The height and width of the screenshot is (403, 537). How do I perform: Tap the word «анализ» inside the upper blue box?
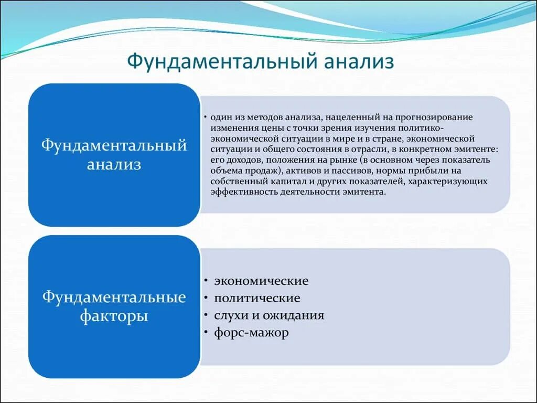(114, 164)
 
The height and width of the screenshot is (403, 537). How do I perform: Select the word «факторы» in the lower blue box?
(114, 316)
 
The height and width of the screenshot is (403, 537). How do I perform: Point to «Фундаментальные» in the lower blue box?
(114, 298)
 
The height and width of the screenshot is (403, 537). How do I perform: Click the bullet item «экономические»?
(261, 281)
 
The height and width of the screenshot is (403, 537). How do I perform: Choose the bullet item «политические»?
(257, 298)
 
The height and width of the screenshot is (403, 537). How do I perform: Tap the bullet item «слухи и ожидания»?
(268, 315)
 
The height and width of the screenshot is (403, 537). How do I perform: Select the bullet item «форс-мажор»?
(251, 333)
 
